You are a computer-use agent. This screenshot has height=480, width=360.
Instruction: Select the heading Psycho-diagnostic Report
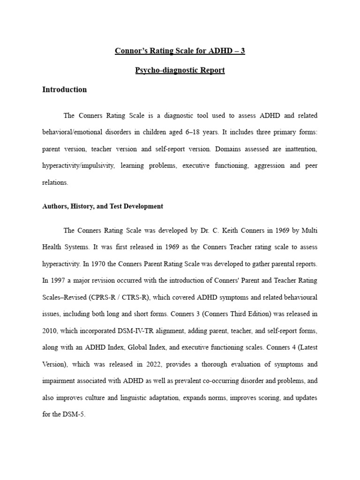(180, 70)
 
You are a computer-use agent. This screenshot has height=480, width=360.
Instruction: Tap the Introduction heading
(65, 90)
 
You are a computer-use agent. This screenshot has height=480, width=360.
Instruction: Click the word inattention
(301, 149)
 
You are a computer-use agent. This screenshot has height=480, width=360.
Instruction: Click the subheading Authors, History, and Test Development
(103, 206)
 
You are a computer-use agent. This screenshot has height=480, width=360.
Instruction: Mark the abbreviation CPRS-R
(112, 297)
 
